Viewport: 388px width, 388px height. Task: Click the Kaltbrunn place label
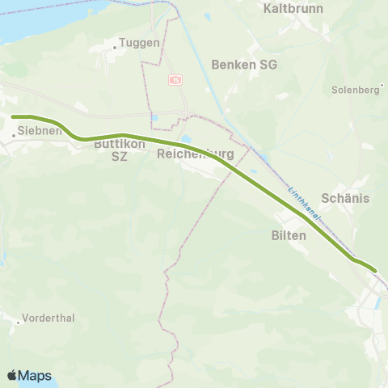point(293,9)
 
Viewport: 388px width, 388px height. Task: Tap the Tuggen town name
point(140,43)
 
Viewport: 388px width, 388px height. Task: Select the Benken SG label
point(243,64)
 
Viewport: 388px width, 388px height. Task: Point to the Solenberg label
point(356,90)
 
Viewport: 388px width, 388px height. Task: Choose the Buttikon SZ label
point(120,150)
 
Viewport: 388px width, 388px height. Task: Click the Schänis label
point(345,198)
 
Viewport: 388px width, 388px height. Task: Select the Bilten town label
point(289,235)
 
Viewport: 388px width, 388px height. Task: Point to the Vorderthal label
point(49,318)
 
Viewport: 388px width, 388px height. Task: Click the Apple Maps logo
point(29,375)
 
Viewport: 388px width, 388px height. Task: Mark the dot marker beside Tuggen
point(115,47)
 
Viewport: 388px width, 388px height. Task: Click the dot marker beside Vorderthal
point(18,322)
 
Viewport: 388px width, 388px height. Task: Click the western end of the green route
point(14,117)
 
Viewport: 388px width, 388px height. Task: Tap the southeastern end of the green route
point(374,270)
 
